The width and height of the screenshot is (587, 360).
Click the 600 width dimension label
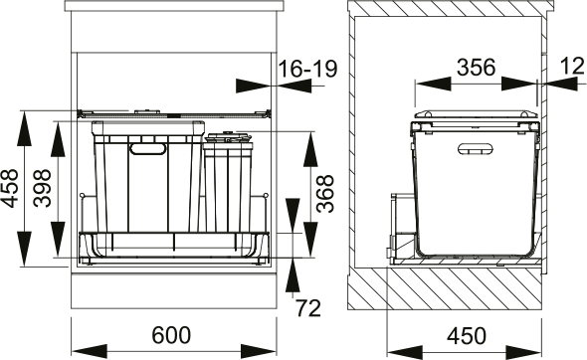point(172,336)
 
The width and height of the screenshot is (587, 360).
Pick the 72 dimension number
point(308,307)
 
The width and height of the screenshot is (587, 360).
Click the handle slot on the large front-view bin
point(148,149)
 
